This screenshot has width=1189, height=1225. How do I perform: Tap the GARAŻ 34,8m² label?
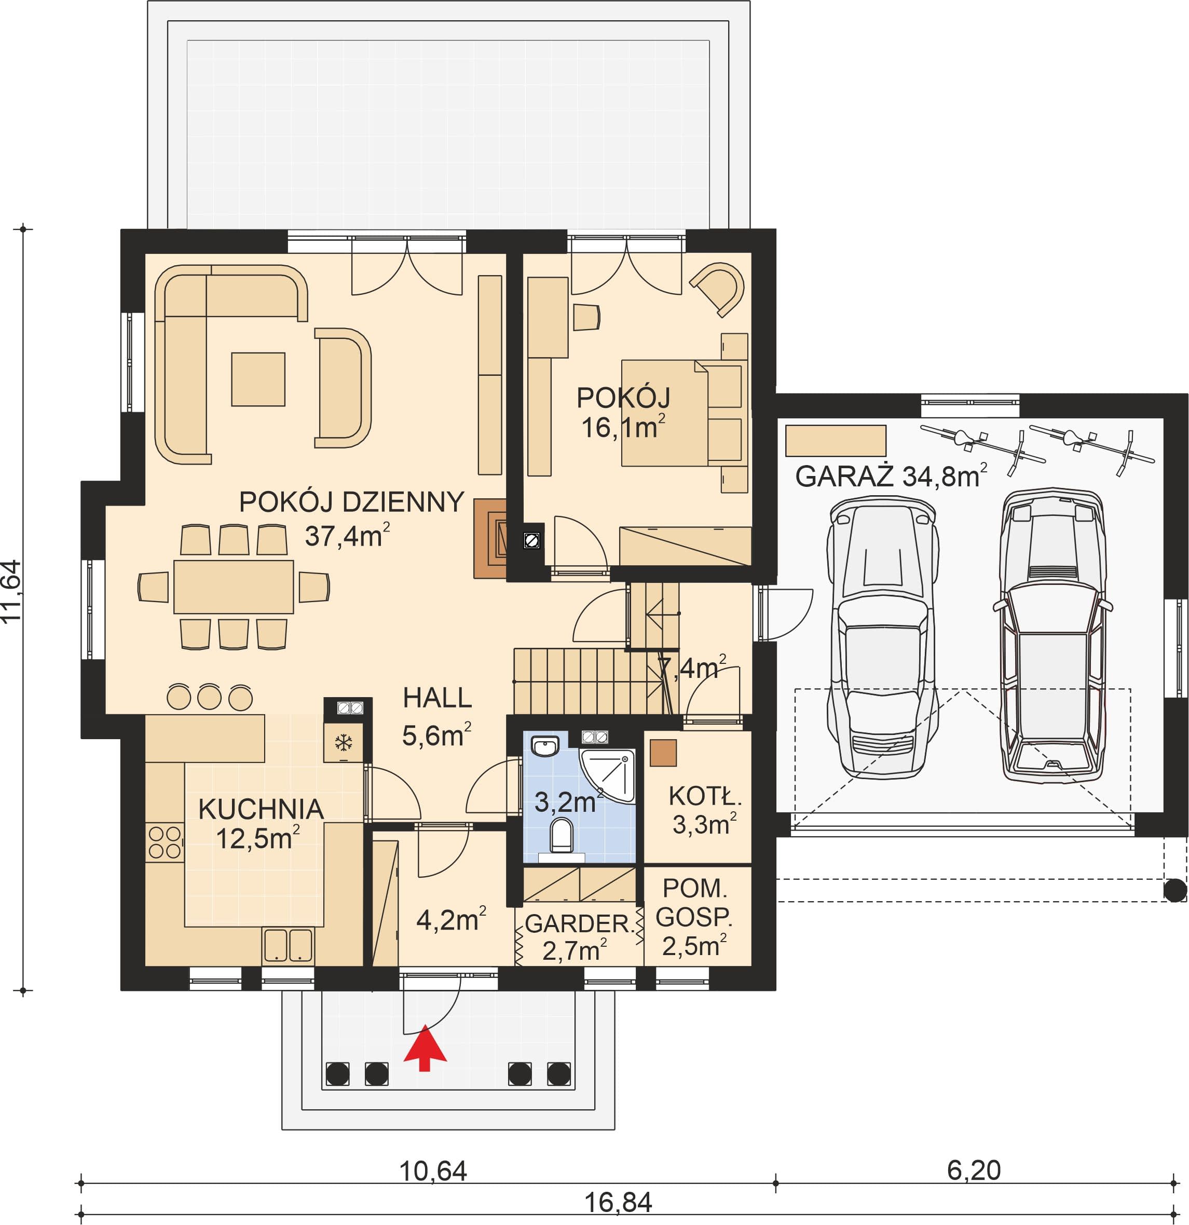click(891, 475)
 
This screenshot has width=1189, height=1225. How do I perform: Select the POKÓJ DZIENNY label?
click(352, 502)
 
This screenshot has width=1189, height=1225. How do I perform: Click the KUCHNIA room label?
click(261, 809)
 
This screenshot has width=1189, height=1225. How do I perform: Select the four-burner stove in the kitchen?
click(165, 842)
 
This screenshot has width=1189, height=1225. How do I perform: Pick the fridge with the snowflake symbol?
click(343, 742)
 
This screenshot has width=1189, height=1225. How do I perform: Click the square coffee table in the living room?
click(258, 379)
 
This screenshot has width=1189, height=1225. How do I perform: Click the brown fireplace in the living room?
click(491, 538)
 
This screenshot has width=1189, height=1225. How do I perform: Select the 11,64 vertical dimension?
click(12, 591)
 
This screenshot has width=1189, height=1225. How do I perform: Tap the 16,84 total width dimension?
click(619, 1201)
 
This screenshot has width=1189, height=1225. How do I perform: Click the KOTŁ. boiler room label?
click(705, 796)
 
